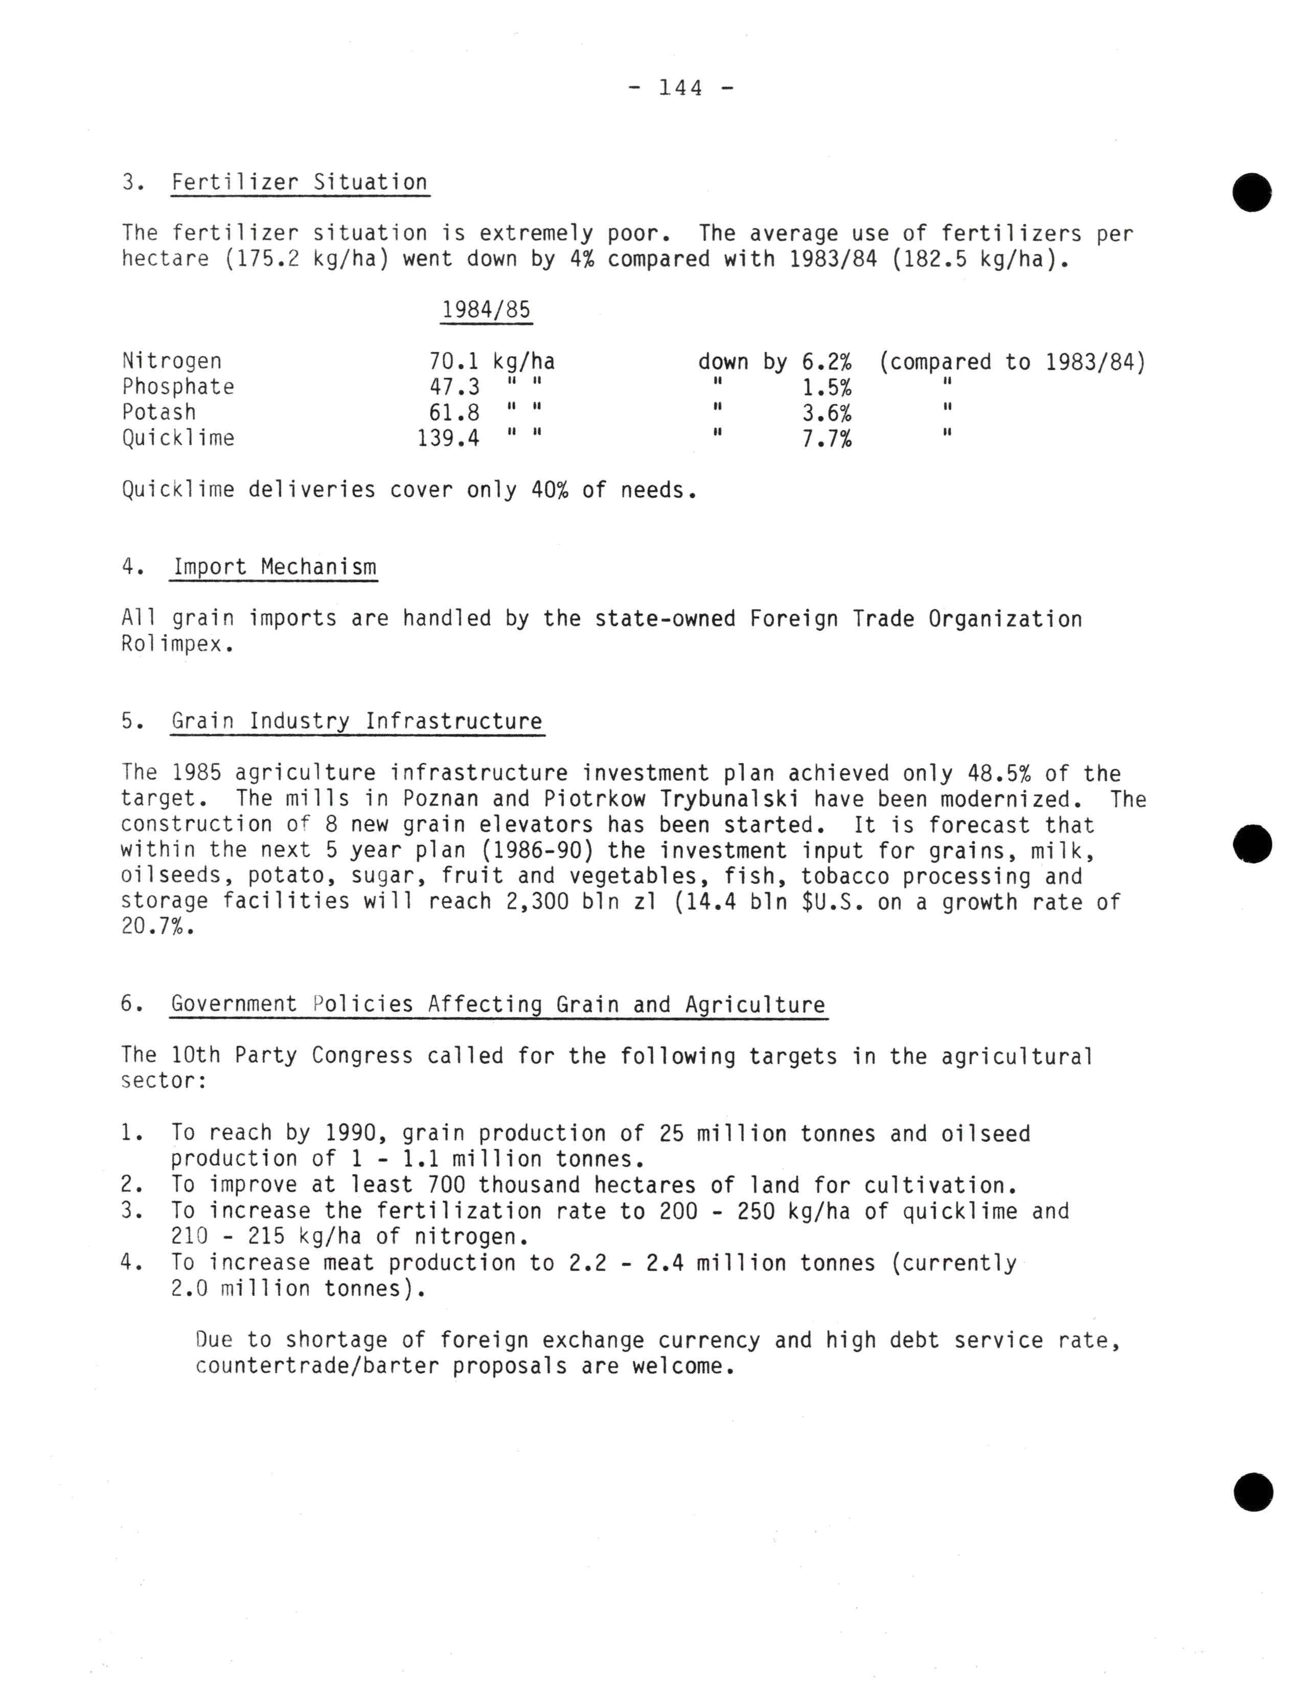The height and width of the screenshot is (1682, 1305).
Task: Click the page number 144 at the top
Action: click(x=681, y=88)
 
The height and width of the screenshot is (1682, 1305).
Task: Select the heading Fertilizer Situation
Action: click(x=299, y=182)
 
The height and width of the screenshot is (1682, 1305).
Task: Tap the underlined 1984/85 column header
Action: click(x=486, y=310)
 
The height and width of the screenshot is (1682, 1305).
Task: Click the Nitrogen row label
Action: click(x=172, y=361)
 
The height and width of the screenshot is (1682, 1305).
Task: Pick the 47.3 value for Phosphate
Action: click(x=454, y=386)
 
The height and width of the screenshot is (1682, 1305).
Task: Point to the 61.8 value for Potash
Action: click(x=454, y=413)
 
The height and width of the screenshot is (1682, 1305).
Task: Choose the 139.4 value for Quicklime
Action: click(x=448, y=438)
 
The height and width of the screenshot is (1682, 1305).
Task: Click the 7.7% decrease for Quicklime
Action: click(x=827, y=439)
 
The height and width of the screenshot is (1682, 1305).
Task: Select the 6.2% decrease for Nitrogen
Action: click(x=827, y=361)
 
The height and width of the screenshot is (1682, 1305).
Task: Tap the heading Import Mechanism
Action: click(x=274, y=568)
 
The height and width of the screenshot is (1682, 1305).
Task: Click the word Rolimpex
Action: click(x=176, y=644)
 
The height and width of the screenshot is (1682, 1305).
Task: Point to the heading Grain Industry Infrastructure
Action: click(x=357, y=722)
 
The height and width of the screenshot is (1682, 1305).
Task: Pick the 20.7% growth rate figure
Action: click(x=157, y=927)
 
